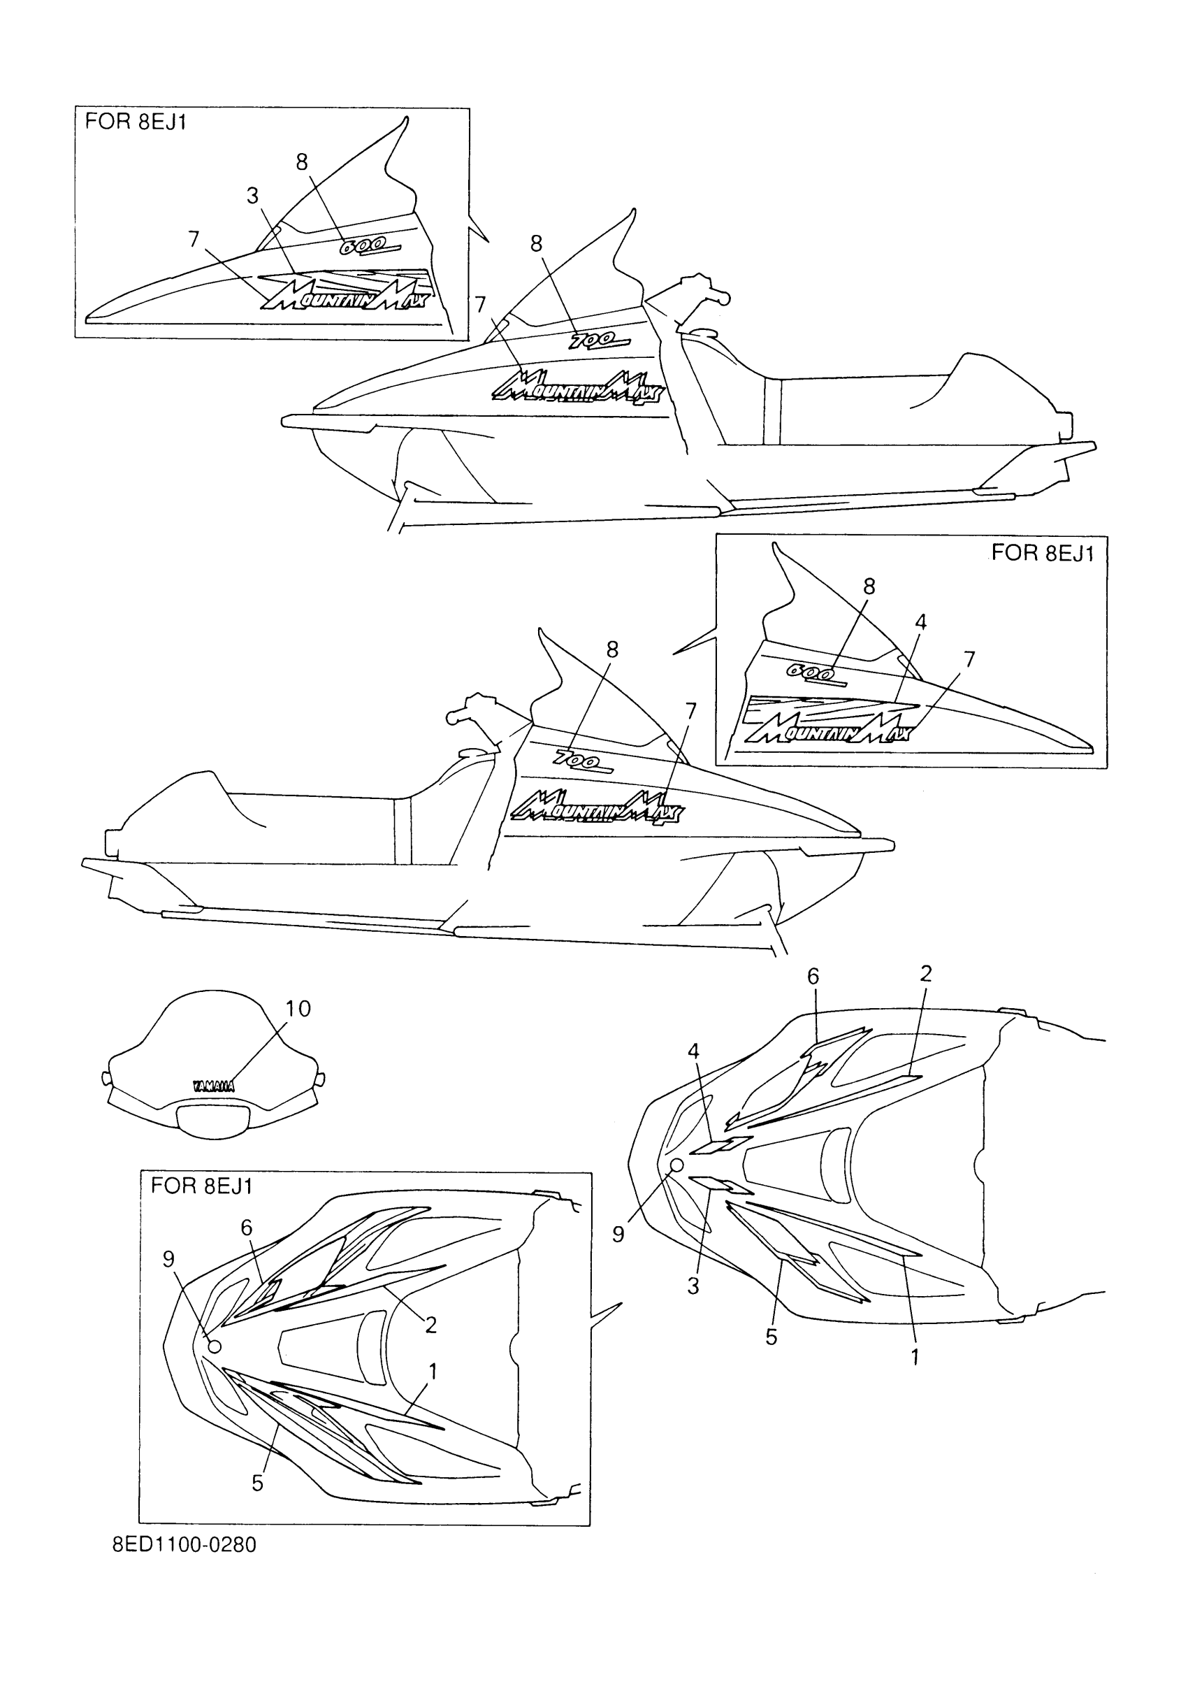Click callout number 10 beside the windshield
click(x=298, y=1009)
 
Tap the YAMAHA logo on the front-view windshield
click(x=213, y=1086)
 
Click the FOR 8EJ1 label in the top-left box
click(x=136, y=122)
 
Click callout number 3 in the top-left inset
click(x=253, y=196)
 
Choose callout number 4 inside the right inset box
click(x=920, y=622)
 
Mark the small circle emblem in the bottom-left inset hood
click(x=215, y=1346)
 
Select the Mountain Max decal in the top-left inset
click(x=345, y=294)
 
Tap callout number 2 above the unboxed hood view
click(x=926, y=974)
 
